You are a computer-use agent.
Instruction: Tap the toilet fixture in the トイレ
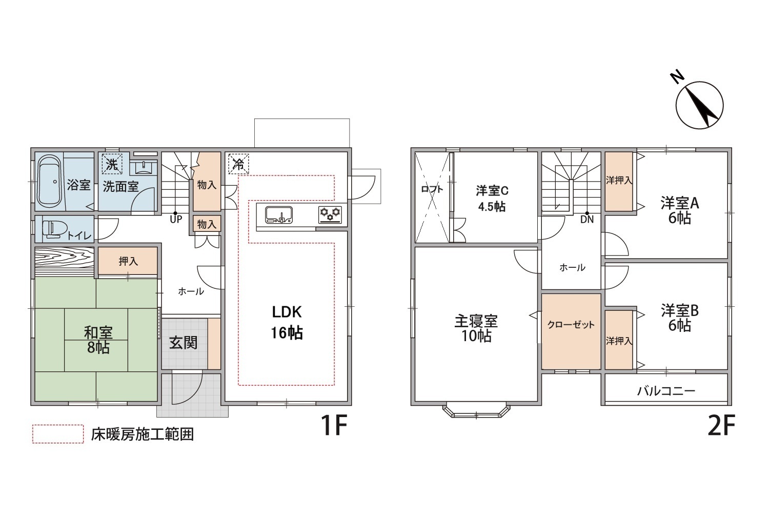(x=51, y=229)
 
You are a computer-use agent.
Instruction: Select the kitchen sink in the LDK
(x=279, y=215)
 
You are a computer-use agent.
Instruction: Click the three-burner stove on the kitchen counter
(x=330, y=215)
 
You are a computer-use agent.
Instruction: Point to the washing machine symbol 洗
(x=112, y=164)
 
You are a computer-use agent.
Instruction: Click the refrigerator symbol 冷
(x=238, y=164)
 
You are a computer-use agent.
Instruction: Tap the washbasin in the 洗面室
(x=144, y=168)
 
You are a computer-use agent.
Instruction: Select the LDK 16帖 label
(x=287, y=322)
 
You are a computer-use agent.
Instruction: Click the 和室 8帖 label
(x=98, y=340)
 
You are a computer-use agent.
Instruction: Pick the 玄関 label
(x=184, y=343)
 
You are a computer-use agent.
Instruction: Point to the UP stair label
(x=176, y=220)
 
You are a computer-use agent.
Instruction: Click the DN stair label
(x=587, y=220)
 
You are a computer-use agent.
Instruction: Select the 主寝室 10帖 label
(x=476, y=328)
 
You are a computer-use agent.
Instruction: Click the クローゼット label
(x=571, y=325)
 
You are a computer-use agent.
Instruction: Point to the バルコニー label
(x=666, y=391)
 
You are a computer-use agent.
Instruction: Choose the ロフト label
(x=432, y=189)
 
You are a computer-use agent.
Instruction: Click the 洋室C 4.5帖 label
(x=492, y=199)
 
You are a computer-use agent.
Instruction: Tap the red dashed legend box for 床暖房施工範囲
(x=58, y=434)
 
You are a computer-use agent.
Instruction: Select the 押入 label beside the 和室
(x=128, y=262)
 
